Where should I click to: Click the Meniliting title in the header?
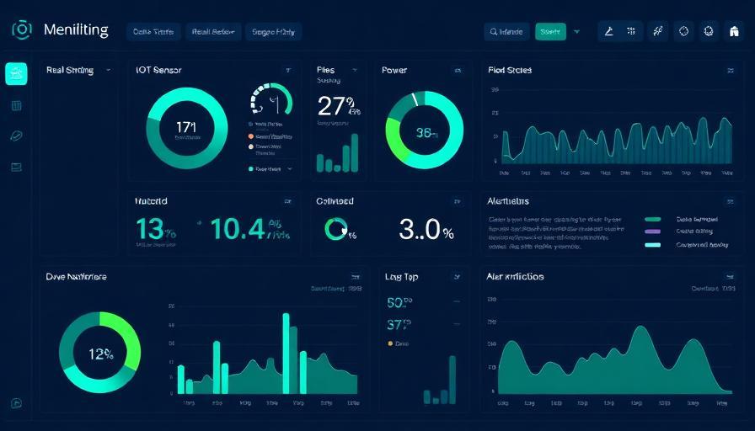(76, 30)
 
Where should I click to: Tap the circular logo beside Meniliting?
(22, 29)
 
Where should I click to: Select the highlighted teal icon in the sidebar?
(16, 74)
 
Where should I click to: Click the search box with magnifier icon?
(506, 32)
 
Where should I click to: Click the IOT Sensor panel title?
(158, 71)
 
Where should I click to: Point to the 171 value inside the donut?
(186, 127)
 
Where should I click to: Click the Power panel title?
(394, 71)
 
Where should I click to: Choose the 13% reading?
(156, 229)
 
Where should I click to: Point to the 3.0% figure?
(426, 229)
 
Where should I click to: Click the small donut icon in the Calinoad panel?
(336, 229)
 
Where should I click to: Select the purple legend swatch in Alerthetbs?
(652, 231)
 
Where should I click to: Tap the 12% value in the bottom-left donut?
(100, 354)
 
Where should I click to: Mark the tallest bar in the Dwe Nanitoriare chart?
(286, 353)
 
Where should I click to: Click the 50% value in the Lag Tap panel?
(399, 302)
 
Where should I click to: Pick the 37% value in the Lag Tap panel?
(399, 325)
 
